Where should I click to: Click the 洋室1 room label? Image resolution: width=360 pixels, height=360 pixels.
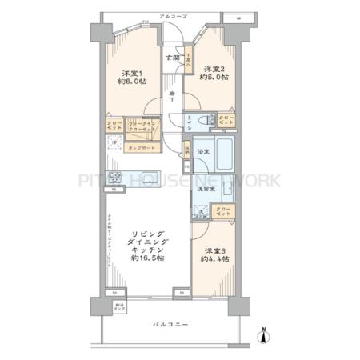131,70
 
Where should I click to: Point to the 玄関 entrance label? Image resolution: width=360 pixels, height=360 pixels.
172,58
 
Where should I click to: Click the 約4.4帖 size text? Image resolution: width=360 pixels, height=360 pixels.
214,259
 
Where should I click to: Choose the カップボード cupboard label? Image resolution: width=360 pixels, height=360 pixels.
141,148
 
